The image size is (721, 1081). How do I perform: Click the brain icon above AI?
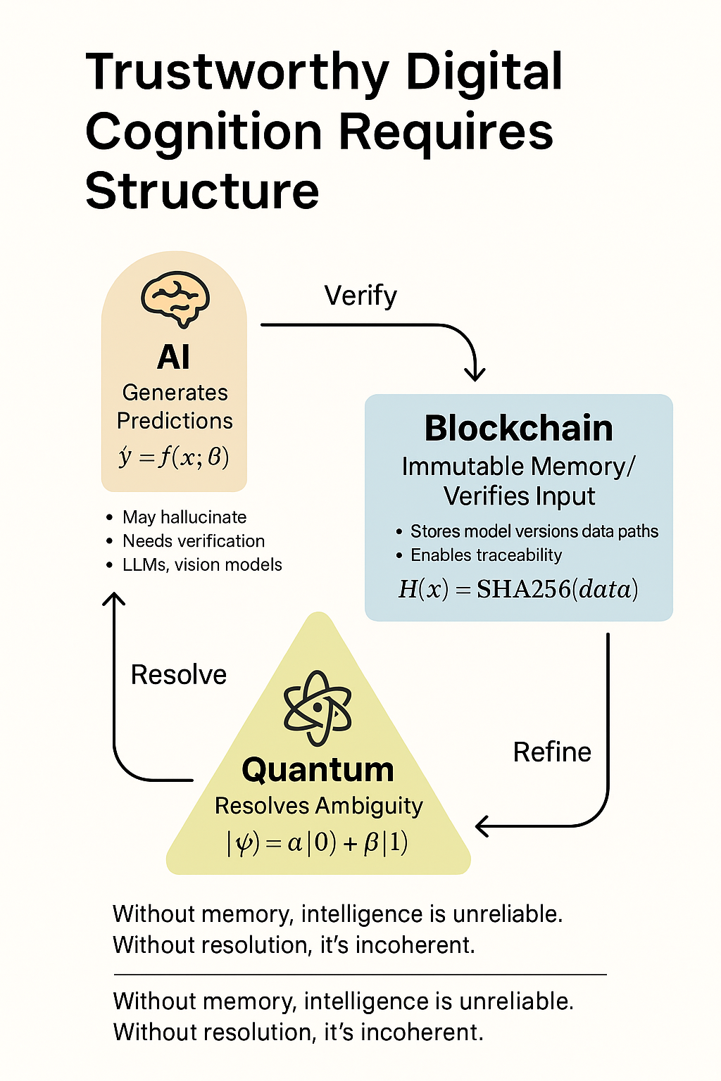(x=175, y=301)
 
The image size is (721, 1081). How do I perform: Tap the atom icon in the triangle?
(x=318, y=708)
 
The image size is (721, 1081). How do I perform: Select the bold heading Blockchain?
(x=519, y=428)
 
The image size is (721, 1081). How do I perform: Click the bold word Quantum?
(x=318, y=771)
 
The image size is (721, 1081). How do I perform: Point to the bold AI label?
(x=173, y=357)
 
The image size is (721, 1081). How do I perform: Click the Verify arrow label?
(x=360, y=296)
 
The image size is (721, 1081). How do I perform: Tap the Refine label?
(x=552, y=752)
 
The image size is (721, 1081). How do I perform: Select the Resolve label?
(x=179, y=674)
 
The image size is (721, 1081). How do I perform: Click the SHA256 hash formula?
(x=518, y=589)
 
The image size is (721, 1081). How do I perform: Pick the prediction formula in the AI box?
(x=174, y=457)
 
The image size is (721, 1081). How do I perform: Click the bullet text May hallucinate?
(x=184, y=517)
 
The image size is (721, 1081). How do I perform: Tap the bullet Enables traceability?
(x=487, y=555)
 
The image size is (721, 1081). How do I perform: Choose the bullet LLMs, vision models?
(x=202, y=564)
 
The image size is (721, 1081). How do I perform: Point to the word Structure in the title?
(x=202, y=191)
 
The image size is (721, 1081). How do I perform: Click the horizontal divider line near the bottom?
(x=360, y=974)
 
